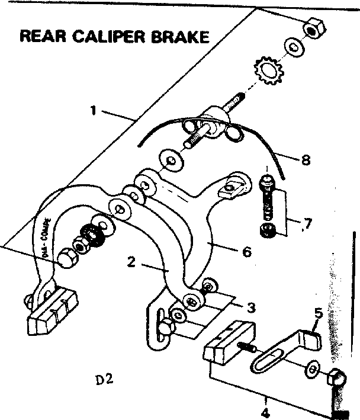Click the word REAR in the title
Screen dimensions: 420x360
[x=41, y=36]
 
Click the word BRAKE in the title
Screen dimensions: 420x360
[x=181, y=36]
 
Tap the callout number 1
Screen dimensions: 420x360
[x=92, y=110]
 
